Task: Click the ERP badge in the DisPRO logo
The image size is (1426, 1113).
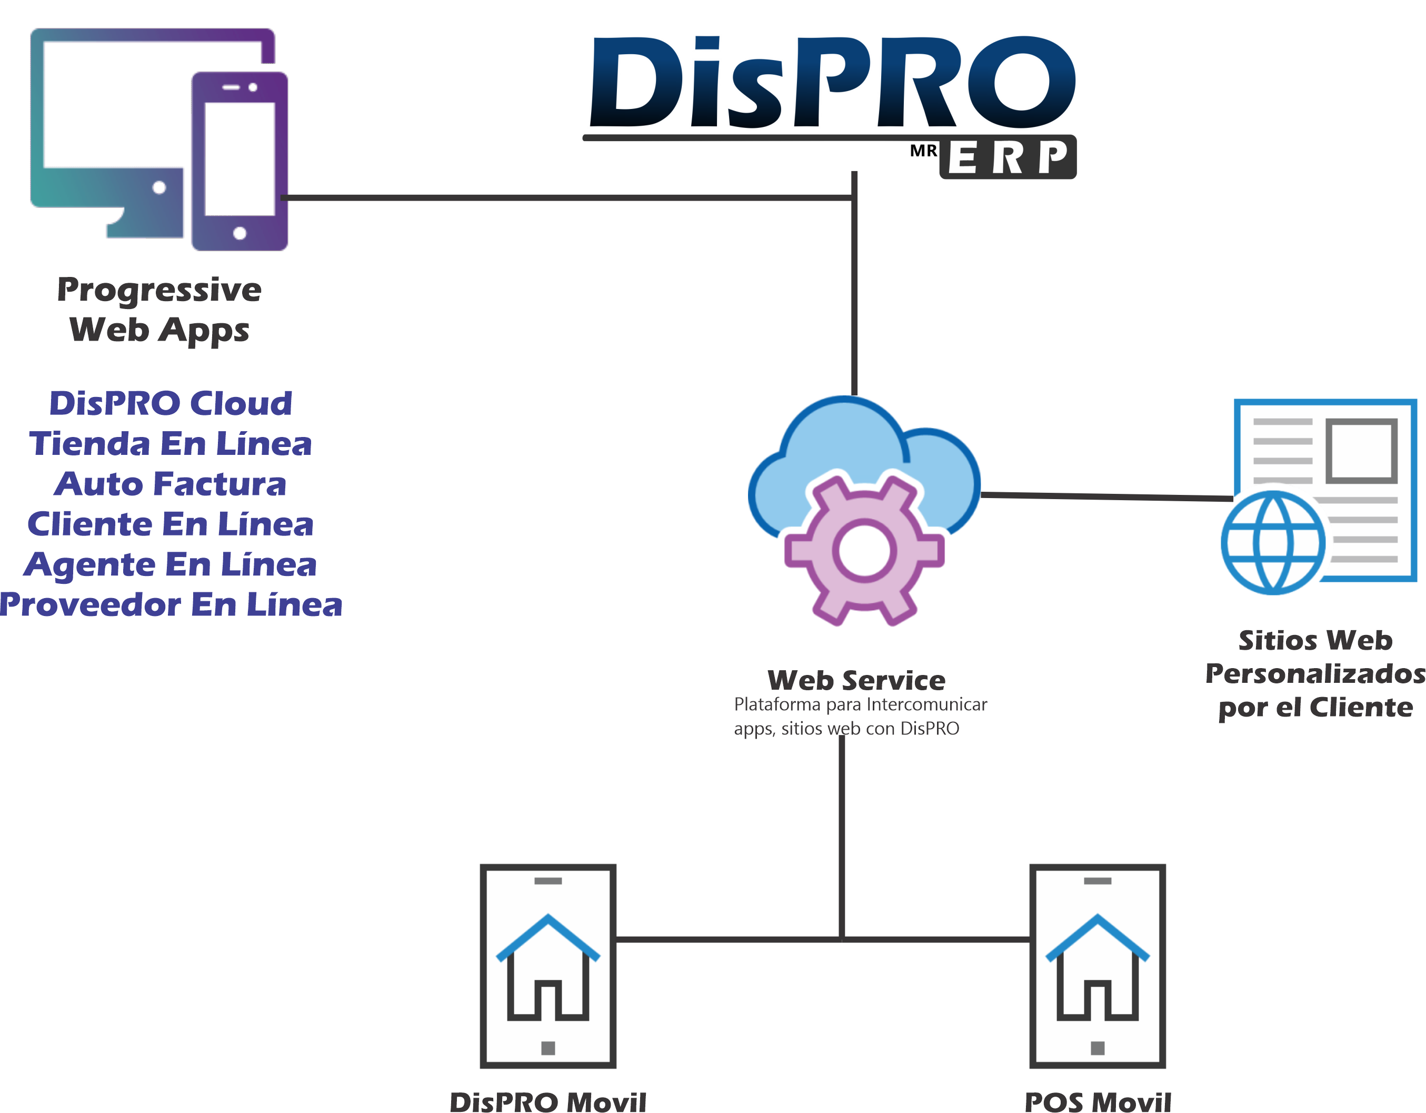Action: coord(1008,157)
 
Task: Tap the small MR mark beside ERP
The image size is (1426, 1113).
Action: coord(923,152)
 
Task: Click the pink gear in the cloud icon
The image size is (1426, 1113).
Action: coord(864,551)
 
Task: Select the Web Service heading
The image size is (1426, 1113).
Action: coord(856,681)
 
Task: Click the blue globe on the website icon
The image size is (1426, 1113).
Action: coord(1273,543)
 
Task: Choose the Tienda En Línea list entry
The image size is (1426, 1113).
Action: coord(171,443)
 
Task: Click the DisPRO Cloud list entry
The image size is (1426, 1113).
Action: coord(171,403)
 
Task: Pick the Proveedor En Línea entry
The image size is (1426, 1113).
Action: coord(171,605)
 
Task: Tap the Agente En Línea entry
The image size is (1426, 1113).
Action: coord(171,564)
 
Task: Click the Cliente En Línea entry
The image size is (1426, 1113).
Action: coord(171,524)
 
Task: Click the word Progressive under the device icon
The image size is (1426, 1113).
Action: coord(159,290)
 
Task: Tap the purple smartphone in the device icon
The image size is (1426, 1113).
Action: coord(240,161)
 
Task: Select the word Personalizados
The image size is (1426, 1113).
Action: coord(1315,673)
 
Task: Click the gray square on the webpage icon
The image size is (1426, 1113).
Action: coord(1361,451)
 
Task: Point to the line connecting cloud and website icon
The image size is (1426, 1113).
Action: coord(1106,496)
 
